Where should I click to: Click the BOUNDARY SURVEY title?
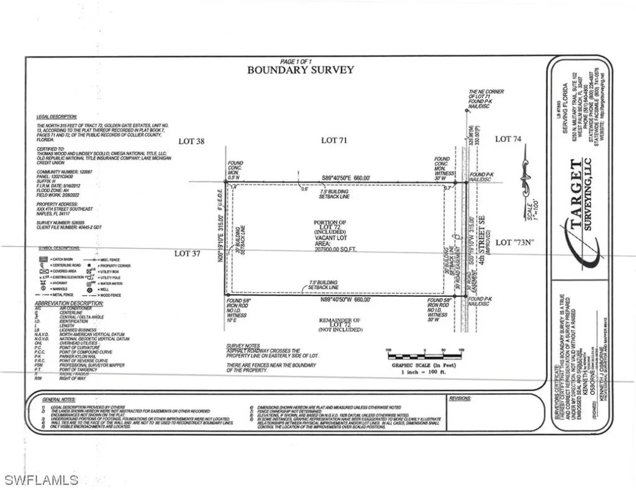[x=301, y=70]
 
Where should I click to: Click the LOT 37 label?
[x=190, y=253]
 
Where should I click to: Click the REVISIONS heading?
[x=460, y=398]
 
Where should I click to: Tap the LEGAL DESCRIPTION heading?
[x=57, y=116]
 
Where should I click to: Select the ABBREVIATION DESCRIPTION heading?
[x=69, y=304]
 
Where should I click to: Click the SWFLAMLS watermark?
[x=40, y=479]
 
